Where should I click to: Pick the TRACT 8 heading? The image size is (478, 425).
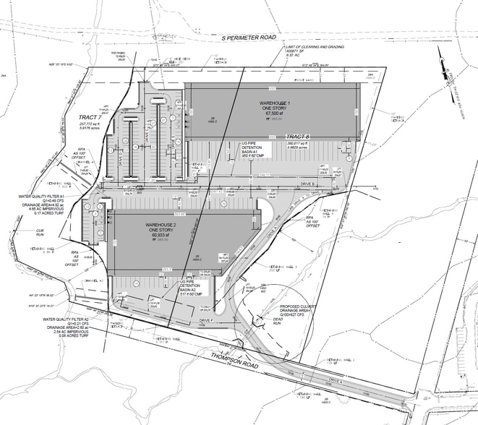click(x=296, y=136)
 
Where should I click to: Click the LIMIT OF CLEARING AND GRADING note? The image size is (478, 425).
click(x=316, y=46)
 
